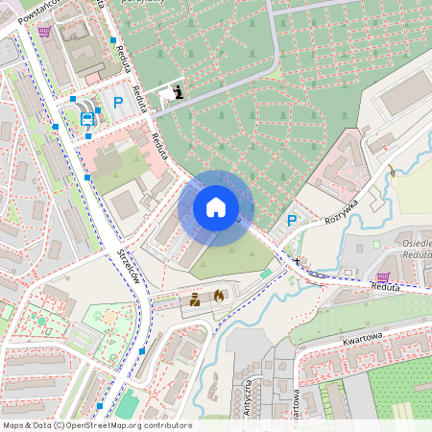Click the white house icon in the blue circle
coord(215,206)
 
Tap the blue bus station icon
coord(87,119)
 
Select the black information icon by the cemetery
coord(178,92)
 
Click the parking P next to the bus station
coord(119,102)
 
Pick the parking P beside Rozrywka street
coord(292,221)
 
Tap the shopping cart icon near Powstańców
coord(44,31)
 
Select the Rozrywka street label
coord(341,210)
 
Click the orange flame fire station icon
coord(219,297)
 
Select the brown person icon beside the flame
coord(195,299)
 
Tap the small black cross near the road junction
coord(297,261)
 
